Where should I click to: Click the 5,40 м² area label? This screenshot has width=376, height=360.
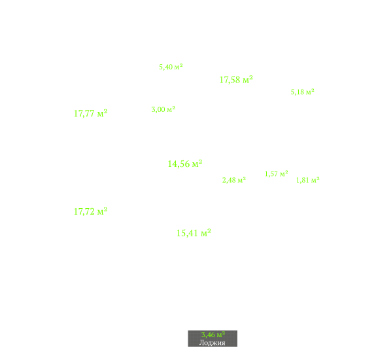[171, 67]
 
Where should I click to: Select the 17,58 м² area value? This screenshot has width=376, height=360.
[236, 80]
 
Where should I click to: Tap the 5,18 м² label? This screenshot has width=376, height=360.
[302, 92]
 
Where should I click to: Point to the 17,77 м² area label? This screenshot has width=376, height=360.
[90, 113]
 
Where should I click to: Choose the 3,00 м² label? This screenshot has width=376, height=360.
[163, 109]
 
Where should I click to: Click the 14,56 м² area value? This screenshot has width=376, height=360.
[185, 164]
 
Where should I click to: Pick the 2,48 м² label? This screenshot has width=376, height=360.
[234, 180]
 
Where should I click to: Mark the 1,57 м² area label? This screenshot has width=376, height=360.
[276, 173]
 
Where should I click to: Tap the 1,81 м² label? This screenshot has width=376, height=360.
[307, 180]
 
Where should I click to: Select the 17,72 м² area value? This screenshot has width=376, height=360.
[90, 211]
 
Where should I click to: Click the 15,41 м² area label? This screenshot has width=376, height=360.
[194, 233]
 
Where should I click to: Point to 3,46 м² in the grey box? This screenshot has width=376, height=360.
[213, 334]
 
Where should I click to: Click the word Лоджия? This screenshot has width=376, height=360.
[213, 342]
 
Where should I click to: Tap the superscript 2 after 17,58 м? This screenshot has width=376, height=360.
[251, 78]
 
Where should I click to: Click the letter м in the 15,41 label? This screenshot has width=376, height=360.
[204, 234]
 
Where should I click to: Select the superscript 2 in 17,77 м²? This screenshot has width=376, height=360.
[105, 111]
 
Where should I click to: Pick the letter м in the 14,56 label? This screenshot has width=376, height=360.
[196, 164]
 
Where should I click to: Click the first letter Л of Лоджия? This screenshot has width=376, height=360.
[201, 342]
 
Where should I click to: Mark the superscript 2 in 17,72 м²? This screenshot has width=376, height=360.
[105, 209]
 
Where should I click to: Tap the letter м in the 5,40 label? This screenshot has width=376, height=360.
[177, 67]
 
